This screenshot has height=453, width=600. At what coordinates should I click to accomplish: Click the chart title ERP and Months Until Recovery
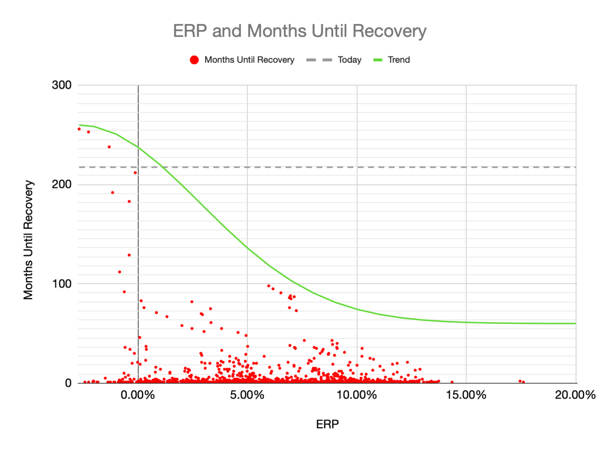click(300, 31)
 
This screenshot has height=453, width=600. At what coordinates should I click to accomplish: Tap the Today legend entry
click(350, 60)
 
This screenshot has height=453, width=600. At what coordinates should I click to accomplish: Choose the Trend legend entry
click(399, 60)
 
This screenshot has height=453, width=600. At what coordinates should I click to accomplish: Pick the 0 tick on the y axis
click(68, 383)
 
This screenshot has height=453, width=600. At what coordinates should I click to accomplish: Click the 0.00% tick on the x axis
click(138, 394)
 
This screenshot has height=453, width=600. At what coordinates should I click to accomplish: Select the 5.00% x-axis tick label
click(248, 394)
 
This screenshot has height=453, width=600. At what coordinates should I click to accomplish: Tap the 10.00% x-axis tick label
click(357, 394)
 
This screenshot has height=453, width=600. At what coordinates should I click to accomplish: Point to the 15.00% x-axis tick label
click(466, 394)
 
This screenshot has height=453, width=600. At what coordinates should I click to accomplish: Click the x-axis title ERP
click(327, 423)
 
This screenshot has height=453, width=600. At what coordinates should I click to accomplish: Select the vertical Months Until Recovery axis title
click(29, 239)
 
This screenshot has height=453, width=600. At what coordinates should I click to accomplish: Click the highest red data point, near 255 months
click(79, 129)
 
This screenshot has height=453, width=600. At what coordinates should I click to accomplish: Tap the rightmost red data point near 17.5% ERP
click(523, 382)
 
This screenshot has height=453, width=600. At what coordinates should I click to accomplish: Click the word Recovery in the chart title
click(391, 31)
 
